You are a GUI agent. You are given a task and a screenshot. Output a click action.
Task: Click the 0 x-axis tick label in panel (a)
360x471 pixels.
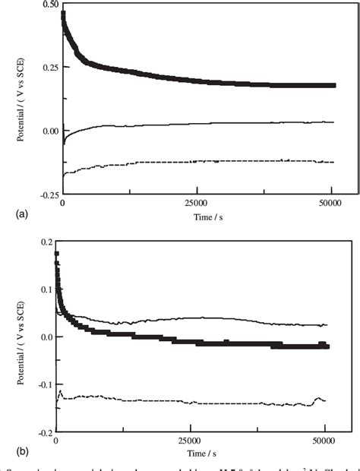pyautogui.click(x=62, y=204)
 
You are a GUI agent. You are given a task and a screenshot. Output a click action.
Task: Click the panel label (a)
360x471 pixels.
pyautogui.click(x=10, y=215)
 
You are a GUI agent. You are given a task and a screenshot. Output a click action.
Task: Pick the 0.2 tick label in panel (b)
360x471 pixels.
pyautogui.click(x=46, y=242)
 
